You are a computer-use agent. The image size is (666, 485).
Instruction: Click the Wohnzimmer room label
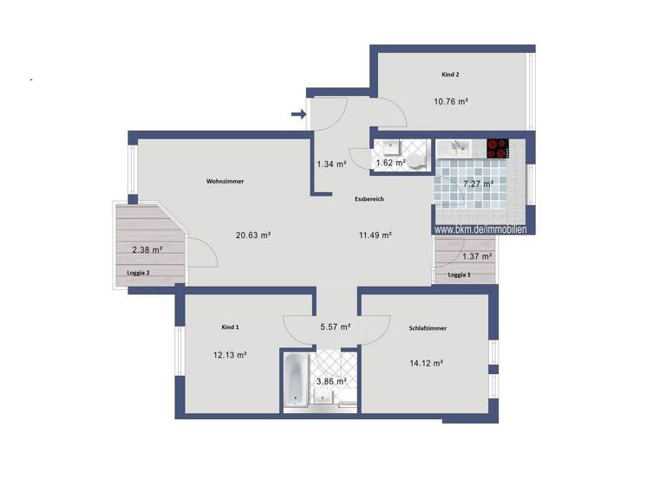coord(225,182)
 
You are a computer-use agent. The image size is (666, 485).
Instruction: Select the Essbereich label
coord(369,199)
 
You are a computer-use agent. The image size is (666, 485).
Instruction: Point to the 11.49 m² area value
coord(375,235)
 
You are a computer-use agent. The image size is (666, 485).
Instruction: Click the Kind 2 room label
coord(450,75)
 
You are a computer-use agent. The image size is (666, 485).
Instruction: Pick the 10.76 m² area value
coord(451,101)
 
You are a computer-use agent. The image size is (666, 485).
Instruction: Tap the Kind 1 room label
coord(230,327)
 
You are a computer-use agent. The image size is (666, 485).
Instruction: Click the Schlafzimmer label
coord(426,328)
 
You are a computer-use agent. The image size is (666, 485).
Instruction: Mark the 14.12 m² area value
coord(426,363)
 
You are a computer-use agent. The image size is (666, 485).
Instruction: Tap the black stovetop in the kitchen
coord(497,148)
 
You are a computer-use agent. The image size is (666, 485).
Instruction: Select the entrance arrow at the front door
coord(297,113)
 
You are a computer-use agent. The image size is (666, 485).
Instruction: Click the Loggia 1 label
coord(460,275)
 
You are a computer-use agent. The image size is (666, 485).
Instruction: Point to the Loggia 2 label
coord(139,273)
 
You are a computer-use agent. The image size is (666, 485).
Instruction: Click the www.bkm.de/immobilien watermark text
coord(480,230)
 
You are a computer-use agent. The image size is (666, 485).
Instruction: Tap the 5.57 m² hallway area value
coord(335,327)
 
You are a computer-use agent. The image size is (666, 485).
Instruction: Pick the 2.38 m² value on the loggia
coord(147,250)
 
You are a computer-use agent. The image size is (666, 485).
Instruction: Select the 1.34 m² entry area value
coord(331,163)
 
